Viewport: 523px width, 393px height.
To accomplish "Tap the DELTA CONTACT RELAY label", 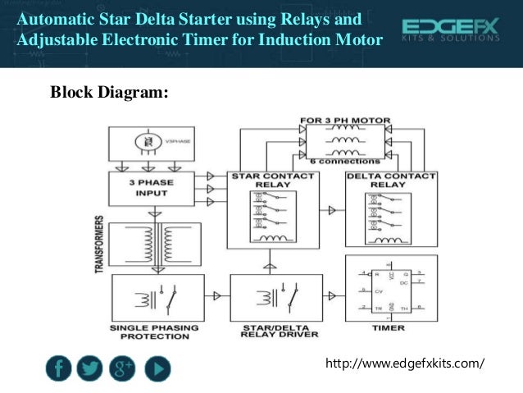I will [x=379, y=180].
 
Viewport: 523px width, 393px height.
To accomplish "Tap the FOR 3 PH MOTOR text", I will [x=344, y=121].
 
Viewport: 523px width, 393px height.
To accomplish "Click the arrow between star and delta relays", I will [x=331, y=211].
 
